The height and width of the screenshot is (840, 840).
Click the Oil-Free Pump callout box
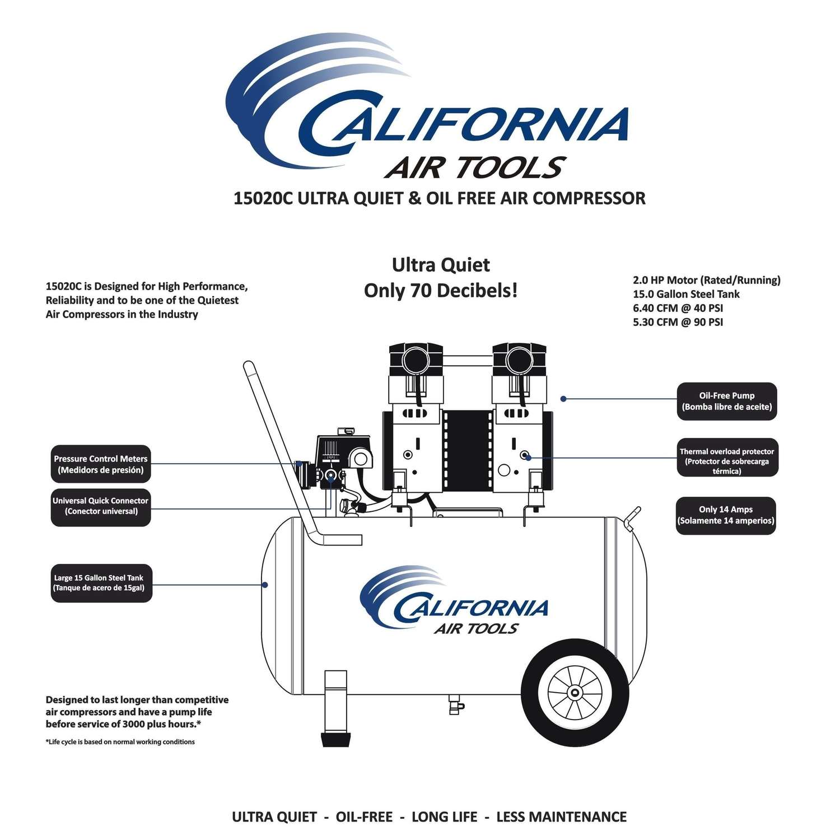click(x=727, y=401)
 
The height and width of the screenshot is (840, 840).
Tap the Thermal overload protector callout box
click(x=727, y=458)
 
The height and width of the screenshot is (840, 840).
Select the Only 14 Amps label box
click(x=726, y=515)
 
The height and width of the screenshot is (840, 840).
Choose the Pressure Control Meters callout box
click(x=101, y=464)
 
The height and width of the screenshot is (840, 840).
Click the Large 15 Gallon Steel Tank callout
click(x=101, y=583)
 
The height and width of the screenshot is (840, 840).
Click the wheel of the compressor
click(x=575, y=693)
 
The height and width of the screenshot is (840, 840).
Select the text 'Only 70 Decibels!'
click(x=441, y=291)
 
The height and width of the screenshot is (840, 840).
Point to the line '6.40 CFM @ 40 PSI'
click(x=678, y=308)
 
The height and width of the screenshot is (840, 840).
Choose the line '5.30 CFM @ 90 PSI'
click(x=678, y=322)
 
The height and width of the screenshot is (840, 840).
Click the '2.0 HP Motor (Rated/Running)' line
click(x=707, y=280)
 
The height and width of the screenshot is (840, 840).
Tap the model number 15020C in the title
click(x=263, y=198)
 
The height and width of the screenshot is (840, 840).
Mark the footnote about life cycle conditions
click(x=120, y=742)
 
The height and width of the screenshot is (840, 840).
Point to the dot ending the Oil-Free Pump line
click(x=563, y=399)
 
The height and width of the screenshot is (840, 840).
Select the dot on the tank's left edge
click(x=265, y=585)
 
